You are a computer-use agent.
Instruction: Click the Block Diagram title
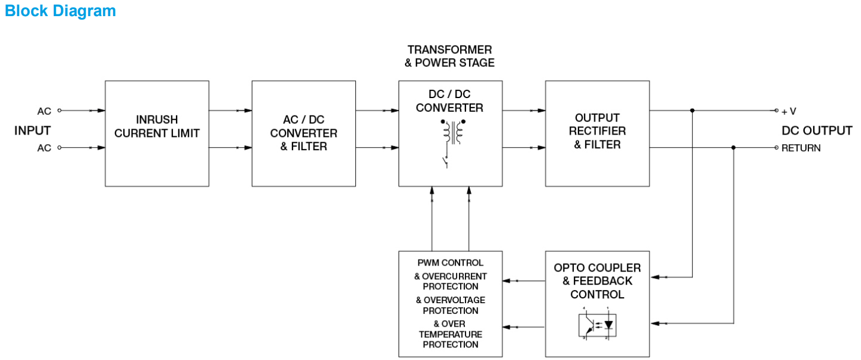pos(60,11)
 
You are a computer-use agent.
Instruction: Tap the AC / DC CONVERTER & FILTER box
pos(303,133)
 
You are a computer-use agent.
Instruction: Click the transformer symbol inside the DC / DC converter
pos(453,133)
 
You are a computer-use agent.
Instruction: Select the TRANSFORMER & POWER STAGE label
pos(450,56)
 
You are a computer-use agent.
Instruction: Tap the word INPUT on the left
pos(32,130)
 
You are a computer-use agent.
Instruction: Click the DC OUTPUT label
pos(817,130)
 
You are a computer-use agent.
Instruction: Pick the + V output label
pos(789,111)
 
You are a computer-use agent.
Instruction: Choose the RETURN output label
pos(801,148)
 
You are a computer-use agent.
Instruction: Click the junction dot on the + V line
pos(692,111)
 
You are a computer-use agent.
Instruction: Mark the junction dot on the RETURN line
pos(734,147)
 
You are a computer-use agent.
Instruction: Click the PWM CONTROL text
pos(451,263)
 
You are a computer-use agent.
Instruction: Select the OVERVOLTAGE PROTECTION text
pos(451,305)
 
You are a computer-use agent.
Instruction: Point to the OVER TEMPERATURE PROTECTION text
pos(451,334)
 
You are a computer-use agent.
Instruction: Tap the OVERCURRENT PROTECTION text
pos(451,281)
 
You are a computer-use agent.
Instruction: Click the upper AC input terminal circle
pos(59,111)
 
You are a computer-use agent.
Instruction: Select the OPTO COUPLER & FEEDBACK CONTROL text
pos(597,281)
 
